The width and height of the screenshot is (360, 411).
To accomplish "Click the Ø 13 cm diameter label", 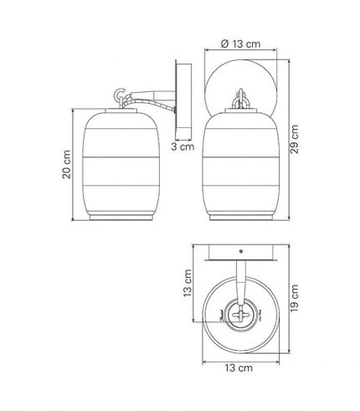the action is [x=240, y=44].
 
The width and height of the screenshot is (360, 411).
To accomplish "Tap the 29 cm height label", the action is [x=294, y=139].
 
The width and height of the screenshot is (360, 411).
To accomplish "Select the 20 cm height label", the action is [x=66, y=164].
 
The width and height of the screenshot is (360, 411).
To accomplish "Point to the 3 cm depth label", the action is [x=183, y=146].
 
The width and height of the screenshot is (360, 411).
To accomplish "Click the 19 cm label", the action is [x=294, y=298].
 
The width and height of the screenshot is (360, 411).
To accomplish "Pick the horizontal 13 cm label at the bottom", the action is [x=239, y=367].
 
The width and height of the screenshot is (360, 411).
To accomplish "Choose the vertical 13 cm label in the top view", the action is [x=188, y=283].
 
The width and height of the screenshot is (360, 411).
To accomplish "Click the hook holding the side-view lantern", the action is [x=121, y=94].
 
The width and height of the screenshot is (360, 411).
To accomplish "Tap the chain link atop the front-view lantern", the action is [x=240, y=99].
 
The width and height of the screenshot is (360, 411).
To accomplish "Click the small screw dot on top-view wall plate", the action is [x=241, y=251].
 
